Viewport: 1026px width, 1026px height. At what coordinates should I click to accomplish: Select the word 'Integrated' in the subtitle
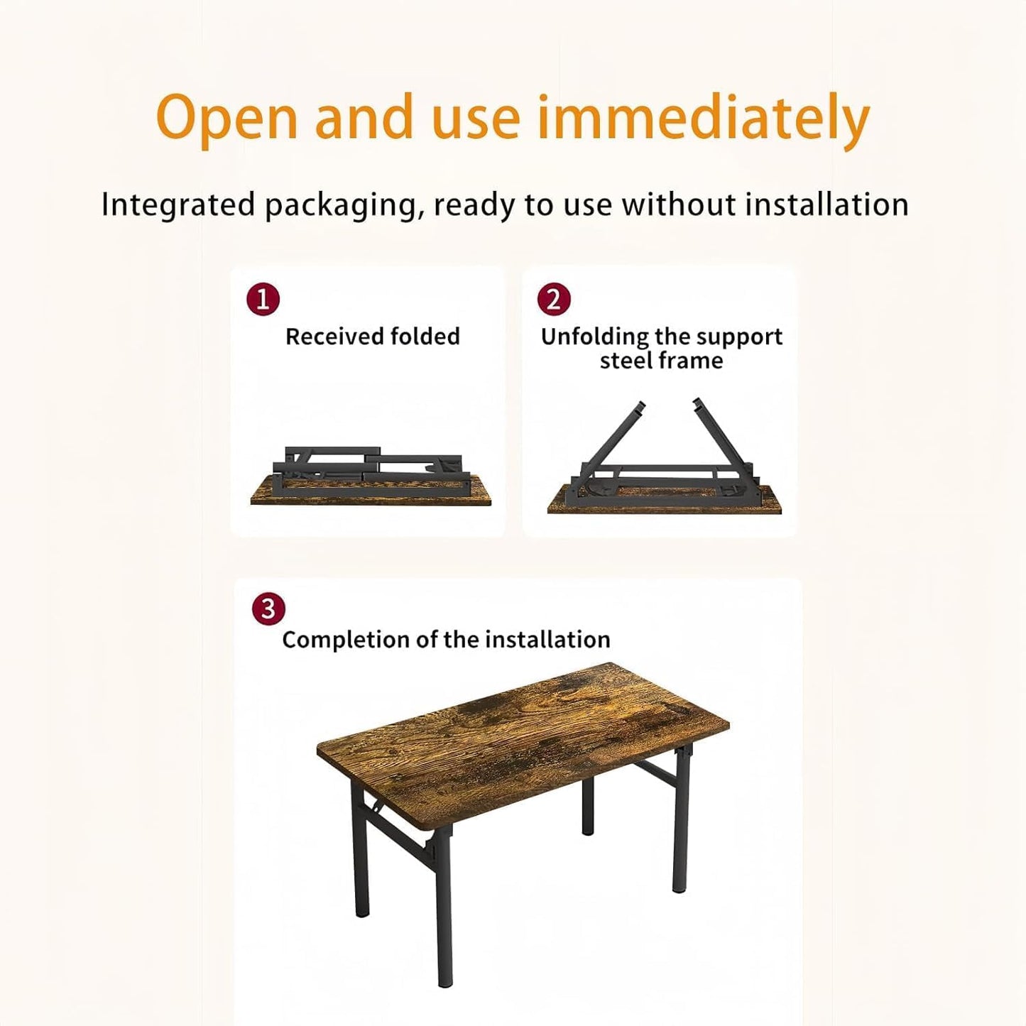[178, 204]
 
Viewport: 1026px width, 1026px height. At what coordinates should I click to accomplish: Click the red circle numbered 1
[263, 299]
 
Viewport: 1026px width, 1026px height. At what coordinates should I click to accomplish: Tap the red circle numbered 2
[554, 299]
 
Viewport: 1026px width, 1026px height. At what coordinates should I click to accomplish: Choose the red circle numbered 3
[268, 609]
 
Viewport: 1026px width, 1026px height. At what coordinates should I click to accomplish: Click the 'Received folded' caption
[372, 336]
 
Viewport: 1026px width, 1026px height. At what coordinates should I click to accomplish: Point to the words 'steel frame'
[661, 361]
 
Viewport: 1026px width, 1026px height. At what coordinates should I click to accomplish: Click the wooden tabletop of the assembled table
[522, 738]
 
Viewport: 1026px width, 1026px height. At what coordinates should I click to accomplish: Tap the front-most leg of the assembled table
[444, 916]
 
